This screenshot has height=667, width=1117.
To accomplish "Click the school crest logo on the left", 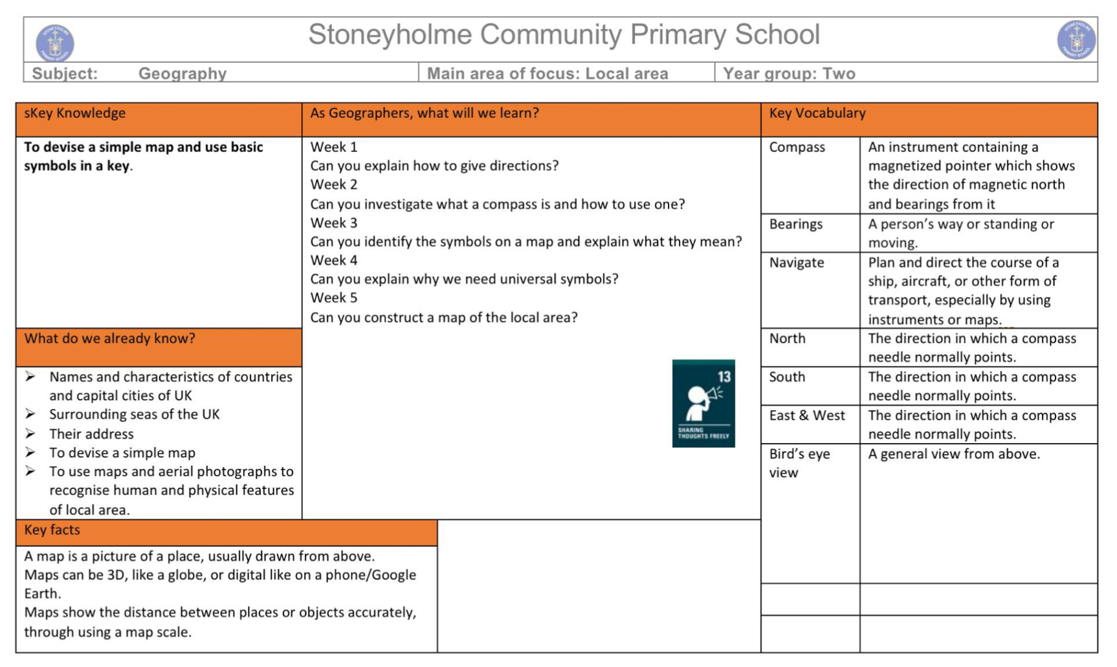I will pos(55,43).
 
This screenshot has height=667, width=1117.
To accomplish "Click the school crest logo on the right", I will pos(1076,39).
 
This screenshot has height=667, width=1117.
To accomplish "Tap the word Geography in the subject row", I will pos(182,74).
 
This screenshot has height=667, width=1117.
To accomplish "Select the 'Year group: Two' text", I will pos(789,74).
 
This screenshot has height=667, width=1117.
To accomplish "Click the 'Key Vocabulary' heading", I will pos(817,113).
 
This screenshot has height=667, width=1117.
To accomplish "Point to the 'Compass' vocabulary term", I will pos(797,148).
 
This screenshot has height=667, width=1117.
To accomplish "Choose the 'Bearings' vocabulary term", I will pos(795,224).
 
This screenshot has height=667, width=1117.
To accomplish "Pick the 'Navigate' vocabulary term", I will pos(796,263).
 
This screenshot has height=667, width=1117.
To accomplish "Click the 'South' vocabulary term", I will pos(787,377).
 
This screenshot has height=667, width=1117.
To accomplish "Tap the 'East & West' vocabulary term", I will pos(807,415).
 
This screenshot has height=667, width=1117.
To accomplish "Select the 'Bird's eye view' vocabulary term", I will pos(799,463).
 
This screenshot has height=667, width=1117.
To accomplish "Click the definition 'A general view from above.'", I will pos(953,454).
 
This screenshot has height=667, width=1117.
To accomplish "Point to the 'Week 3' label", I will pos(333,223).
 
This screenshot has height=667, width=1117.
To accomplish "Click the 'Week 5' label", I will pos(333,298).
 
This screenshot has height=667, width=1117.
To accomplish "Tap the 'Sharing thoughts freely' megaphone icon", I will pos(703,403).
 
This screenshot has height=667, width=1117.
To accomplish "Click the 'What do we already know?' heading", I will pos(109,339).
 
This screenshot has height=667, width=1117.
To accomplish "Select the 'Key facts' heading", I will pos(52,530).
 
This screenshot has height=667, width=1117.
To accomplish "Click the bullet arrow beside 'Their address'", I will pos(30,433).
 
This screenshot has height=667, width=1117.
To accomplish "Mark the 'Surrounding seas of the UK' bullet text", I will pos(134,415).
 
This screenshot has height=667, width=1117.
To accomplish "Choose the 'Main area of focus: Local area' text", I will pos(547,74).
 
